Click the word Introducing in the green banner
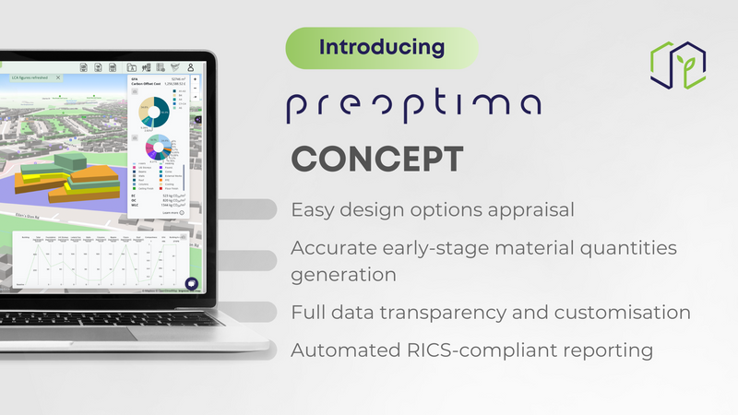(x=382, y=46)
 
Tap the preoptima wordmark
(x=412, y=103)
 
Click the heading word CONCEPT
(x=377, y=159)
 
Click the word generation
(x=344, y=275)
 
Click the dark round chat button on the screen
(x=193, y=285)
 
